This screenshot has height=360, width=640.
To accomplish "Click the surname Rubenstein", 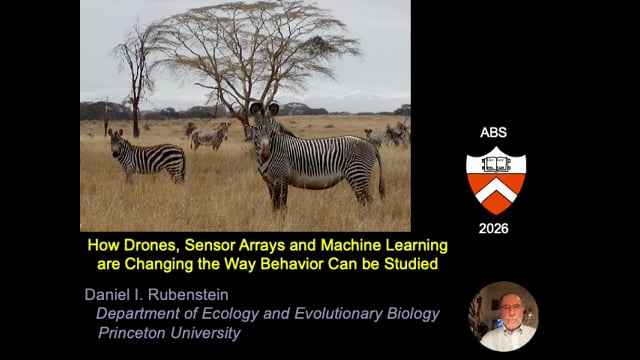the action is coord(188,295).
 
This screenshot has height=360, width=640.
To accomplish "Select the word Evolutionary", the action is coord(338,314).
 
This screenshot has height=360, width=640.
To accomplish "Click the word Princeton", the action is coord(132,333).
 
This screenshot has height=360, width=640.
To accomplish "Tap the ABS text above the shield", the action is coord(493,132).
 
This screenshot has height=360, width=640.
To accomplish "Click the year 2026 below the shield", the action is coord(493,229).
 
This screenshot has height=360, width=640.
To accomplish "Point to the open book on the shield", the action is coord(496,164).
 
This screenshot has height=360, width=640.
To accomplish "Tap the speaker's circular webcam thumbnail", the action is coord(503,316).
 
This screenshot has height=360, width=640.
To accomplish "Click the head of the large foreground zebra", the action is coord(263,130).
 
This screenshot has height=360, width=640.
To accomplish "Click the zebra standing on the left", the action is coord(146,156).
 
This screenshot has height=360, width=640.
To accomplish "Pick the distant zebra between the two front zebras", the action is coord(208,136).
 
